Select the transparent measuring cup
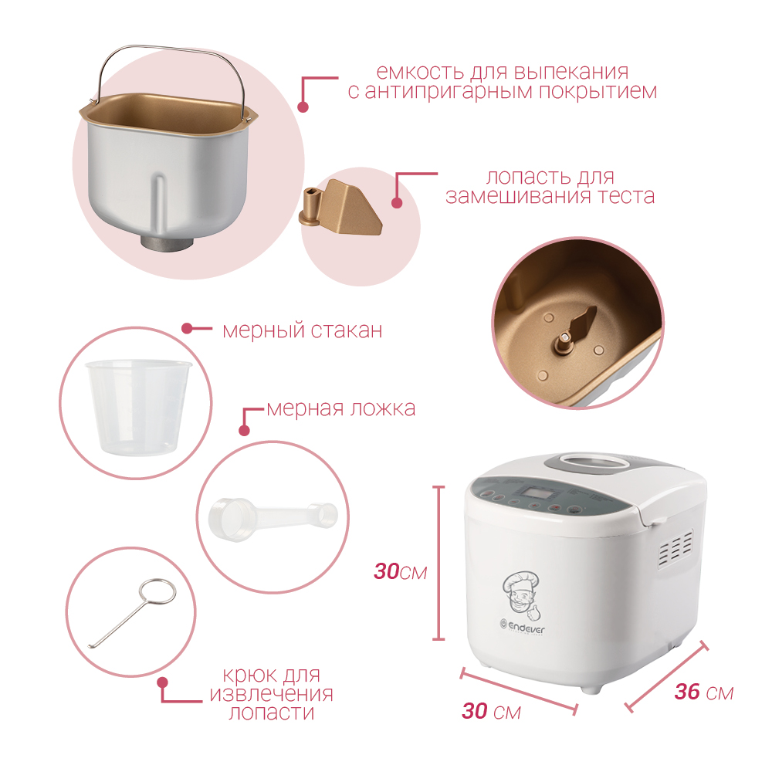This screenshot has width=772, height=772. [138, 407]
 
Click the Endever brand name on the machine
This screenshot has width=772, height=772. [526, 627]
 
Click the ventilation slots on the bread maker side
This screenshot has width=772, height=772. [675, 547]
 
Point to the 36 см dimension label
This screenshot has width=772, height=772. [704, 692]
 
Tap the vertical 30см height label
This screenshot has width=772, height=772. [400, 571]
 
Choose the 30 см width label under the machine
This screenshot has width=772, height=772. [491, 711]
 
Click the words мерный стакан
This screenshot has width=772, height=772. [303, 330]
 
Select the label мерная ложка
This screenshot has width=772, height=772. [341, 408]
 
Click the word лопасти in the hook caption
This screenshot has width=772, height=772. [272, 713]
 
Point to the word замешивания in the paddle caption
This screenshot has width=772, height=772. [518, 196]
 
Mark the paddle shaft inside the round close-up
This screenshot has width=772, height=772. [564, 340]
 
